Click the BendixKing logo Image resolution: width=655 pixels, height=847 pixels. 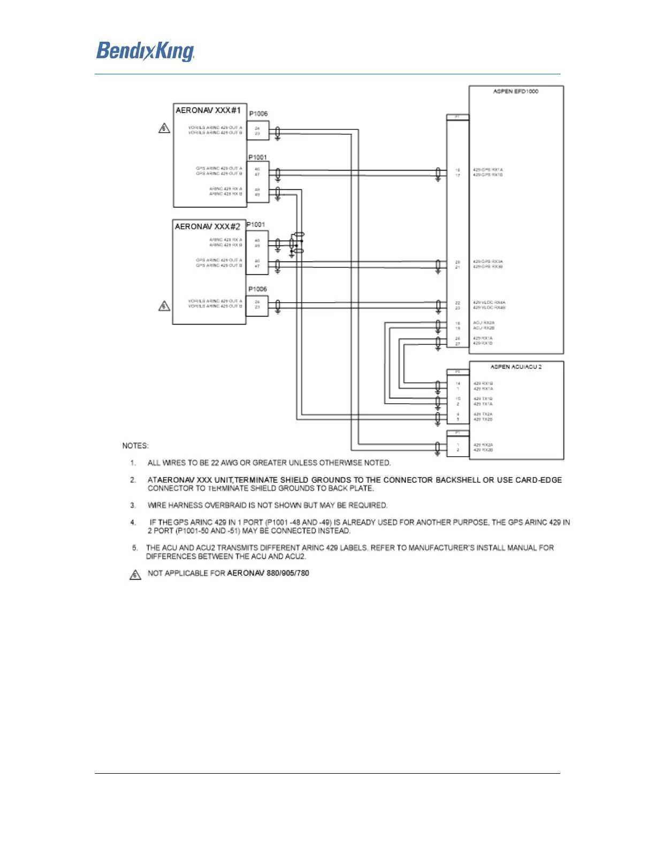pos(145,51)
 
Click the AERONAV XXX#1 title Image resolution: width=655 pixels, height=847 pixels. pos(208,110)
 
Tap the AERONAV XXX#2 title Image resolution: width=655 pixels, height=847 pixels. pos(207,227)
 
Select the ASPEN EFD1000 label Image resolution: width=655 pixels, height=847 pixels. pos(515,91)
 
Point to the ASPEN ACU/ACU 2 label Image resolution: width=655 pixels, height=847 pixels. pos(516,367)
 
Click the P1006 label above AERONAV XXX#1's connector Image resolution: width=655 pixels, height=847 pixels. pos(258,114)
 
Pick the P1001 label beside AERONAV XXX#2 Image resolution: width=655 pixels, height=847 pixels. pos(255,225)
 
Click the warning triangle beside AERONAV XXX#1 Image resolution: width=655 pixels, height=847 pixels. pos(164,128)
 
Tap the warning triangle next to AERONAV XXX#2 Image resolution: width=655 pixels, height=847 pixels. pos(164,306)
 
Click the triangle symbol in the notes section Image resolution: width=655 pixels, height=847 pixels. pos(135,575)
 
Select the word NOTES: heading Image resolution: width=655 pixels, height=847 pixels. pos(135,445)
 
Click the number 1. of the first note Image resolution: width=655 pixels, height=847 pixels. pos(133,463)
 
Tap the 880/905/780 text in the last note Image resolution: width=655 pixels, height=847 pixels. pos(288,573)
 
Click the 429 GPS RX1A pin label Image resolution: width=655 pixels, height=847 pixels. pos(488,170)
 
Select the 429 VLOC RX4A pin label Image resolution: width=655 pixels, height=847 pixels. pos(489,303)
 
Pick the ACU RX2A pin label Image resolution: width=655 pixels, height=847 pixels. pos(483,323)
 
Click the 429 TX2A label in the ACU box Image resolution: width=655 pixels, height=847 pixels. pos(483,414)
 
